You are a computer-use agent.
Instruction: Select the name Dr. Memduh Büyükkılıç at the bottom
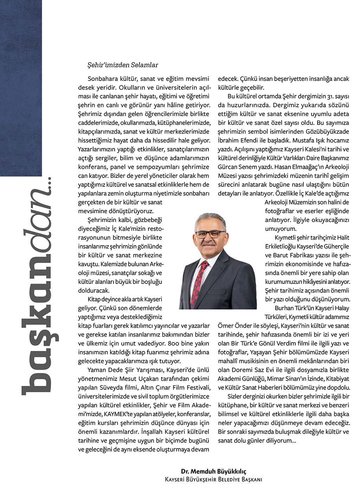214,471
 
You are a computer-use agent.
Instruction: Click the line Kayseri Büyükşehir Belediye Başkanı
214,479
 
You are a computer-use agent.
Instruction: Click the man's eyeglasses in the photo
210,233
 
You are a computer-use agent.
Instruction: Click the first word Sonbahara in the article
102,79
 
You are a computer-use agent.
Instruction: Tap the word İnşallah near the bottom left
152,431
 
